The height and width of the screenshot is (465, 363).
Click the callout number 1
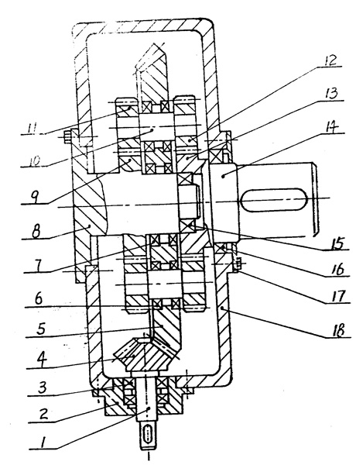43,443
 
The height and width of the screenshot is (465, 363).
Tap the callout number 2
43,413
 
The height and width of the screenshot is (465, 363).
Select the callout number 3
43,387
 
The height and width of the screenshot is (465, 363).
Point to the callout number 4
41,360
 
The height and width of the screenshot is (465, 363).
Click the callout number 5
40,329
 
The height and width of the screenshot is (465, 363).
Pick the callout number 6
39,299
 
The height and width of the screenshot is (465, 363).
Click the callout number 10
35,162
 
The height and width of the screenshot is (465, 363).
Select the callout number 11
32,129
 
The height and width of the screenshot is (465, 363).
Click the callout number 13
330,93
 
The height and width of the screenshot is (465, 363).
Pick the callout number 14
331,126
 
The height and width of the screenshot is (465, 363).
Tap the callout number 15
337,243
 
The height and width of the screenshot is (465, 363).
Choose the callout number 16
337,269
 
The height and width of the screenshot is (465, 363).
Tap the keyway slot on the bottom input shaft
148,436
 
